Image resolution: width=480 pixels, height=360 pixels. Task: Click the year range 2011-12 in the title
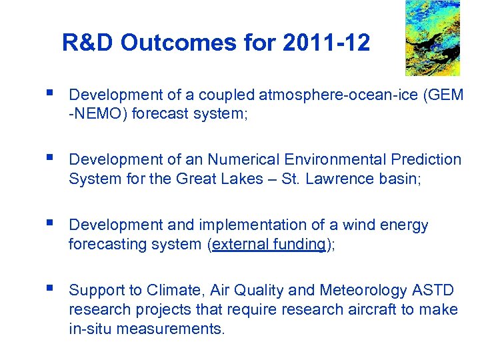[x=327, y=43]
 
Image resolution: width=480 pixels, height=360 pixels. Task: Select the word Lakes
[x=242, y=179]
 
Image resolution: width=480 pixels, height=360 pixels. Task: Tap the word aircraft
[x=375, y=310]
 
